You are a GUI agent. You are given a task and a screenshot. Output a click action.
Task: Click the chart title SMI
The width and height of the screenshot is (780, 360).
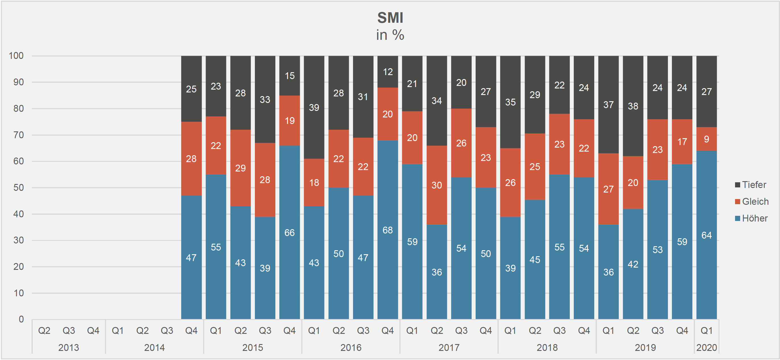390,18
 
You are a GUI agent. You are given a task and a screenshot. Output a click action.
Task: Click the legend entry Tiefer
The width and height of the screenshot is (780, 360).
754,185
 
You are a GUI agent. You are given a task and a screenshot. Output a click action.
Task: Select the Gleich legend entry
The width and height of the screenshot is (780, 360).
755,202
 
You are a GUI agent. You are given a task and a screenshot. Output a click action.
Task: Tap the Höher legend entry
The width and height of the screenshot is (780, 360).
754,219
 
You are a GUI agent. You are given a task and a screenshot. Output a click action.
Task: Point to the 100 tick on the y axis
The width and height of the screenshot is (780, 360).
16,56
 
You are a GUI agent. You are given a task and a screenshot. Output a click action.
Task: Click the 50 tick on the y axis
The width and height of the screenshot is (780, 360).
18,188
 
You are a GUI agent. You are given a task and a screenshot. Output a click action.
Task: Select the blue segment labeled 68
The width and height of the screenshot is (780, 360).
387,230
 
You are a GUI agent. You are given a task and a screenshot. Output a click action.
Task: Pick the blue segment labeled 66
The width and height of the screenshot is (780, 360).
290,233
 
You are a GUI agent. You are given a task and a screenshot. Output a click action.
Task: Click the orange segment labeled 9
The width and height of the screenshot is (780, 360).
706,139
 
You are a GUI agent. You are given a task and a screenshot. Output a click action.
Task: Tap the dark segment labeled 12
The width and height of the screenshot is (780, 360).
387,72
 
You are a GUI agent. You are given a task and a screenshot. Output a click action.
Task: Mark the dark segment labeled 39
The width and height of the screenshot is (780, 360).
314,107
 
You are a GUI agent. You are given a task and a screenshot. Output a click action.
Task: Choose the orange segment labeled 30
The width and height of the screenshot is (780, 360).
437,185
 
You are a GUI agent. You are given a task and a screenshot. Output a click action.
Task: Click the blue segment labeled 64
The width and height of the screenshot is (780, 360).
706,235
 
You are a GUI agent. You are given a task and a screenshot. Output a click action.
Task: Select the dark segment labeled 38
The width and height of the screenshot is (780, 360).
633,106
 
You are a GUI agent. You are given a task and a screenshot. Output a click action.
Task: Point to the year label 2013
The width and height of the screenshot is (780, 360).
69,347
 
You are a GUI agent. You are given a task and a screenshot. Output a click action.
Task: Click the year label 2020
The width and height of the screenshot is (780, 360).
706,347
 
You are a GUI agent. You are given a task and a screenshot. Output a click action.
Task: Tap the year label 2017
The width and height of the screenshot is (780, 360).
449,347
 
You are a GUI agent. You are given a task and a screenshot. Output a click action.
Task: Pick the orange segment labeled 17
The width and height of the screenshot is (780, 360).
682,142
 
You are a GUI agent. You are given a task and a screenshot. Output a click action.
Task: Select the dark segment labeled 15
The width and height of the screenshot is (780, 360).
290,76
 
